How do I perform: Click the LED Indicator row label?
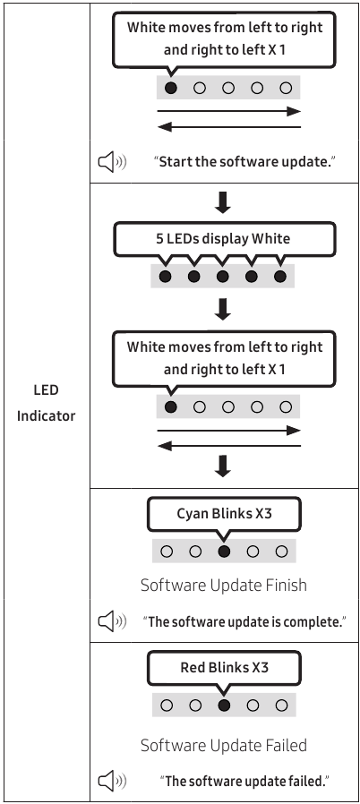(47, 403)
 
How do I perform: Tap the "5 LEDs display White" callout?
(223, 239)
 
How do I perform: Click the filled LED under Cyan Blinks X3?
(224, 552)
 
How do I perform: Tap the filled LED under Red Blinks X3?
(224, 705)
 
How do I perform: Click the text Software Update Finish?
(224, 585)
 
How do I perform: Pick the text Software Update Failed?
(224, 745)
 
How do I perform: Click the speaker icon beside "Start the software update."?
(112, 163)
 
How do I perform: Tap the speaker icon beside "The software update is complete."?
(112, 622)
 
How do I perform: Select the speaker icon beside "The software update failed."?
(112, 781)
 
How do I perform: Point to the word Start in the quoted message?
(176, 163)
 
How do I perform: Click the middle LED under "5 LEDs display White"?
(223, 277)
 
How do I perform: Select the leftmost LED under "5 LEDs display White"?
(165, 277)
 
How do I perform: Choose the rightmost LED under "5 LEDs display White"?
(280, 277)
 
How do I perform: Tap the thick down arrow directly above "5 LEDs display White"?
(223, 202)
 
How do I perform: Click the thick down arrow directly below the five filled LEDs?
(223, 309)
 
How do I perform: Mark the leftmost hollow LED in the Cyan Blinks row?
(167, 552)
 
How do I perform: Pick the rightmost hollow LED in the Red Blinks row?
(281, 705)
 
